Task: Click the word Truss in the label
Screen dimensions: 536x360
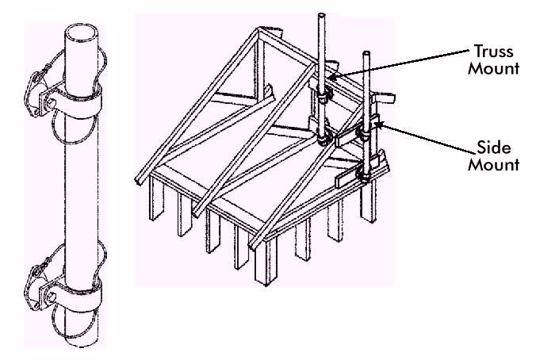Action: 494,52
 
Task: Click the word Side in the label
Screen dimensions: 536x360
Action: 494,147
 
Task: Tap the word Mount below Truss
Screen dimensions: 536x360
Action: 494,68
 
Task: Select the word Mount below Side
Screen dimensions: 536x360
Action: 494,164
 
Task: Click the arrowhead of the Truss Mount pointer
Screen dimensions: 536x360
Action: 332,77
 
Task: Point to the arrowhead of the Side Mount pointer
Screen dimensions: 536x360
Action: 380,124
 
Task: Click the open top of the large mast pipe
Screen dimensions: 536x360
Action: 82,33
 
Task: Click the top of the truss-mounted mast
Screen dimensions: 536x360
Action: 321,16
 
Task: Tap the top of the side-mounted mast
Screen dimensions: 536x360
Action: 366,54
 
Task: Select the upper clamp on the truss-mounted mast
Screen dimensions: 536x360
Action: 323,94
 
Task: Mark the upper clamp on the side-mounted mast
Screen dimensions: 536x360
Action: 365,133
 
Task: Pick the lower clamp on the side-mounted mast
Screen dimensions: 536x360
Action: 365,173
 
